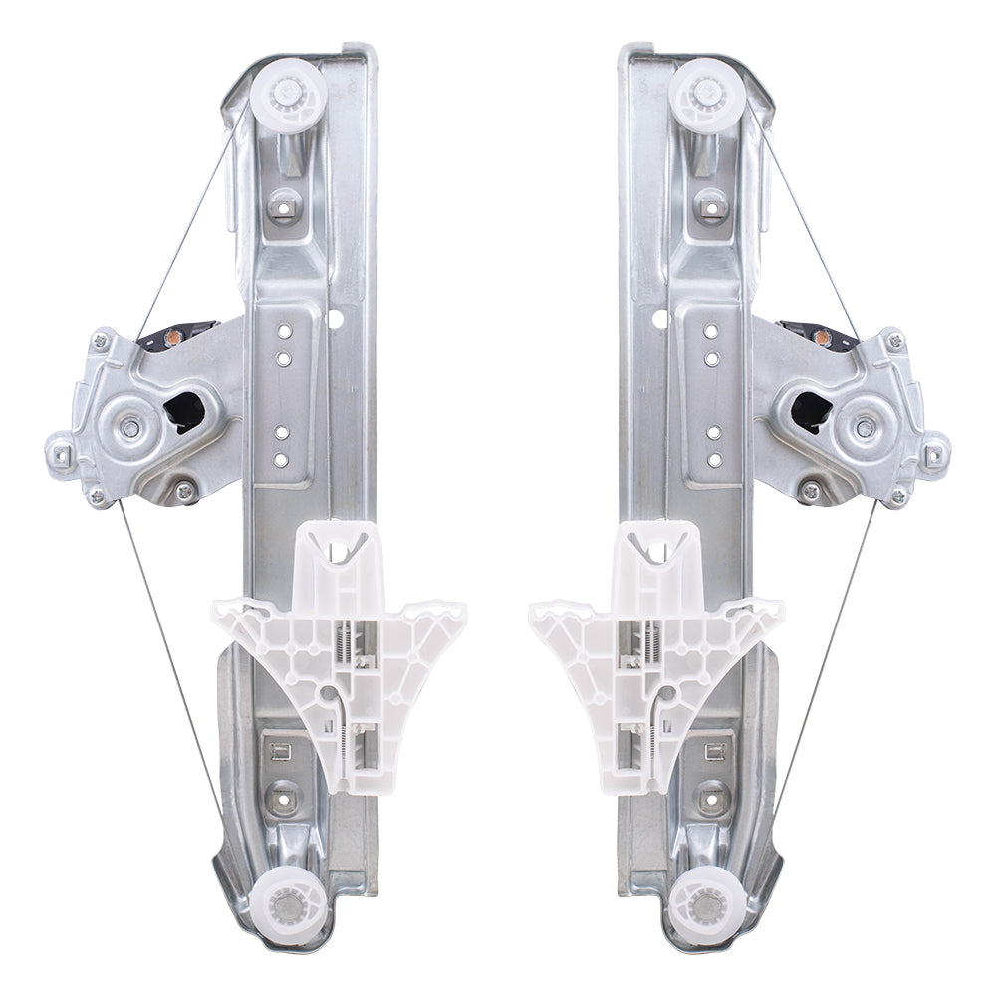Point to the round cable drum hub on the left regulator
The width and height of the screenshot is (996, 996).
click(x=130, y=429)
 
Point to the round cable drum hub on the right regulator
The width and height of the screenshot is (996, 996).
click(x=865, y=429)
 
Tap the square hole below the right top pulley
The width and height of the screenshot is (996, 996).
click(x=710, y=208)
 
